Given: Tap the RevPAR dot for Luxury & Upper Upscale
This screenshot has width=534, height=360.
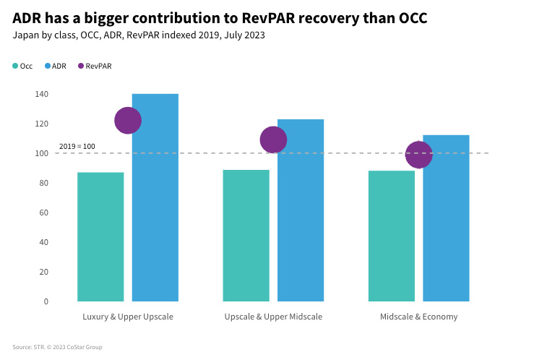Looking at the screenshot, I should (128, 121).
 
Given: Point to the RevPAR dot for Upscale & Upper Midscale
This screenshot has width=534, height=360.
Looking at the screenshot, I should (273, 140).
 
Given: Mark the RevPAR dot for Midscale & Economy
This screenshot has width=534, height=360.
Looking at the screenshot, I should (419, 155).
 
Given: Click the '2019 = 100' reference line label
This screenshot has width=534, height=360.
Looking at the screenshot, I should (77, 147).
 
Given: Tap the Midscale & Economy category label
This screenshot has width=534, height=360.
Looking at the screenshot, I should (418, 317).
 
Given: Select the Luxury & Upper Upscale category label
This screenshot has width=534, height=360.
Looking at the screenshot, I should (128, 317).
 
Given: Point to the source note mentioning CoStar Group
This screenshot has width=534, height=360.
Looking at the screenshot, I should (57, 347).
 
